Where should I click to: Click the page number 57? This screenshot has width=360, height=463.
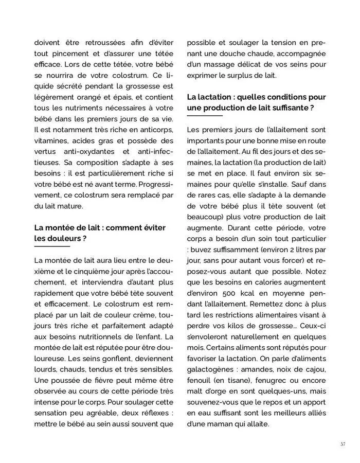pyautogui.click(x=342, y=443)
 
